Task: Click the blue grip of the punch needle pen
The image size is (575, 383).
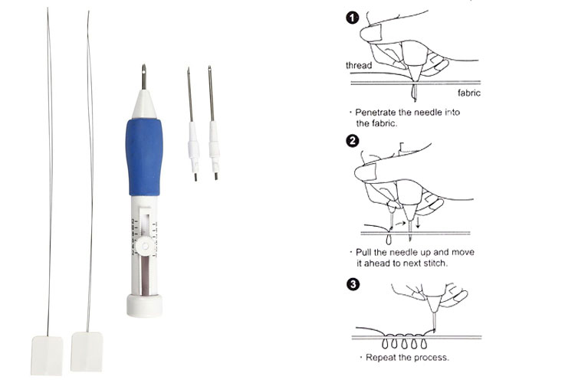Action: click(144, 158)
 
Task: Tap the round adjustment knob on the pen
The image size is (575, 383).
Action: click(145, 247)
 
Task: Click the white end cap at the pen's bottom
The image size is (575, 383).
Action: click(145, 306)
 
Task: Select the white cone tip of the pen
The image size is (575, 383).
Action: click(144, 103)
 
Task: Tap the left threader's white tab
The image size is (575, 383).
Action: click(47, 355)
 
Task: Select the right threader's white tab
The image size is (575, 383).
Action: click(87, 352)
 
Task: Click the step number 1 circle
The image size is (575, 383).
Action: click(353, 18)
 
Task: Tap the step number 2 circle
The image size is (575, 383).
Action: click(353, 141)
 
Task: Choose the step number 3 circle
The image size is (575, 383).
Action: click(353, 284)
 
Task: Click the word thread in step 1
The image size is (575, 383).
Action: click(359, 65)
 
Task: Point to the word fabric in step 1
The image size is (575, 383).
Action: click(469, 93)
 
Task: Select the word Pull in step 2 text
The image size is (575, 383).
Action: click(363, 252)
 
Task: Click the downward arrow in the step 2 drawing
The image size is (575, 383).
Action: click(418, 222)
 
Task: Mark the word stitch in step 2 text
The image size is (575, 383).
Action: click(435, 264)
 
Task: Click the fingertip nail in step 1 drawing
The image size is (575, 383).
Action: click(372, 33)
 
